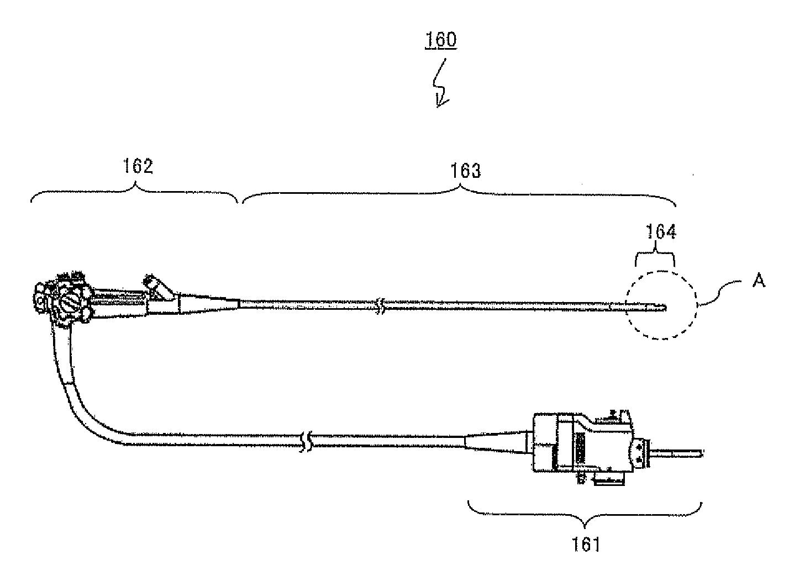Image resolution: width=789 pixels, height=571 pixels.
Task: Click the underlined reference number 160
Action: point(440,40)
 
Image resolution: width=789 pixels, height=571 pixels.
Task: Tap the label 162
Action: point(138,166)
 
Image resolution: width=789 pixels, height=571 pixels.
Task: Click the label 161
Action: point(586,544)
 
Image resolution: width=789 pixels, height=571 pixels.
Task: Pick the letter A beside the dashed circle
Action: point(760,282)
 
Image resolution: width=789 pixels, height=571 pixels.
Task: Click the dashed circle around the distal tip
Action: point(662,304)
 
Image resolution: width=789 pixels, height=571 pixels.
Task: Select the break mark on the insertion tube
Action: point(380,305)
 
